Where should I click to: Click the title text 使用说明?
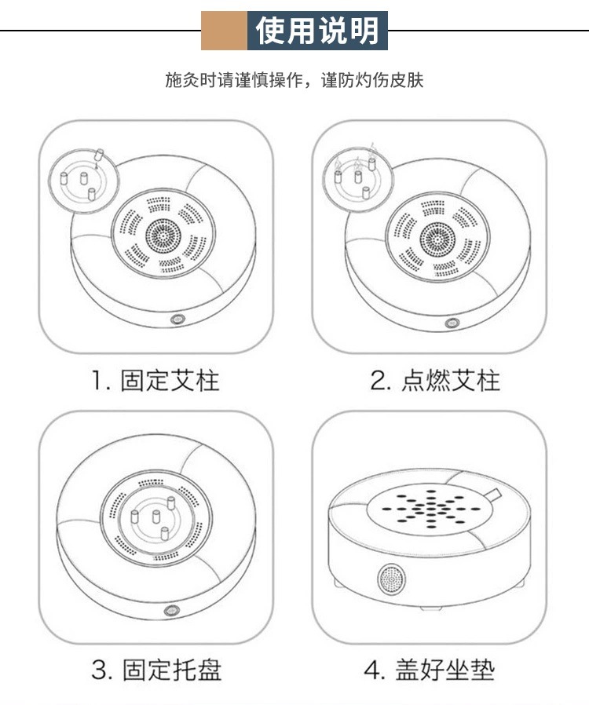click(x=317, y=31)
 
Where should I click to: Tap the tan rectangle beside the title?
click(x=224, y=31)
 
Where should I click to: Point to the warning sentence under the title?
click(x=294, y=80)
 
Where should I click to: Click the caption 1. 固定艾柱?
click(x=155, y=381)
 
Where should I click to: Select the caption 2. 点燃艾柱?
click(x=435, y=381)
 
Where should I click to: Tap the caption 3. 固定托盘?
click(x=156, y=670)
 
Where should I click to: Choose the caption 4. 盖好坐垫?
click(x=430, y=670)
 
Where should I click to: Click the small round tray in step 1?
click(x=84, y=181)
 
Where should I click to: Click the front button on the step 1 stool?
click(x=177, y=320)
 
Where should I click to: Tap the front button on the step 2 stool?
click(x=452, y=323)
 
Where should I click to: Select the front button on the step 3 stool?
click(x=172, y=610)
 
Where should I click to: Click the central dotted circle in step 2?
click(x=437, y=239)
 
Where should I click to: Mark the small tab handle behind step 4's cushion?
click(x=494, y=494)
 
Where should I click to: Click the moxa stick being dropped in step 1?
click(x=100, y=155)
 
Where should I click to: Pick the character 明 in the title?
click(x=364, y=31)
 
